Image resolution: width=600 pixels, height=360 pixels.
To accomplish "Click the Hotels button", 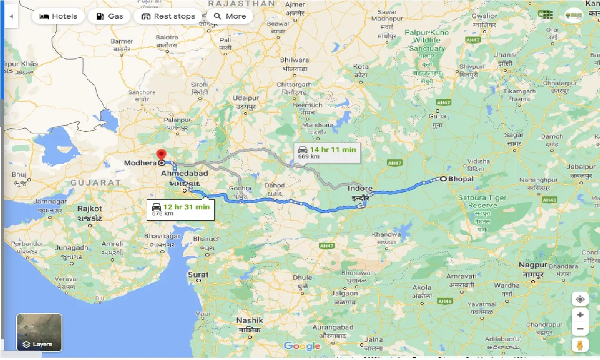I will (x=58, y=16).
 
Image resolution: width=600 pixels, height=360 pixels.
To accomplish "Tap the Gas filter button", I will (x=110, y=16).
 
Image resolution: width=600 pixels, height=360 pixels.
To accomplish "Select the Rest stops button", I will (x=168, y=16).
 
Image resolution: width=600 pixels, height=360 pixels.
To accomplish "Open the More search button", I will (x=230, y=16).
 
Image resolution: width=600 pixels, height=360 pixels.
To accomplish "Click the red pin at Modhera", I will (x=161, y=155).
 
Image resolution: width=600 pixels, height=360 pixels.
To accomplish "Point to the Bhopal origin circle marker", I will (x=443, y=179).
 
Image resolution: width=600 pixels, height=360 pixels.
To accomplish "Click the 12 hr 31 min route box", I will (x=180, y=209).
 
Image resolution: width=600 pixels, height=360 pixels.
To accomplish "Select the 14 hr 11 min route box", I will (x=327, y=152).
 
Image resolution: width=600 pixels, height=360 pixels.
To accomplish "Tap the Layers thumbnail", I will (x=39, y=332).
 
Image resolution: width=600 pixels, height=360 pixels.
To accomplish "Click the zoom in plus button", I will (x=580, y=315).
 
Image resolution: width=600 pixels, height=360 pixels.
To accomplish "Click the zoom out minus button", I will (x=580, y=330).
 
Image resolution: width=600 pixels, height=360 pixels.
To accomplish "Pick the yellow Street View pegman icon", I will (x=580, y=346).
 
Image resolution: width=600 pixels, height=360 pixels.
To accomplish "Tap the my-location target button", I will (x=580, y=299).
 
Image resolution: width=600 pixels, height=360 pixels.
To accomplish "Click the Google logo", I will (x=302, y=346).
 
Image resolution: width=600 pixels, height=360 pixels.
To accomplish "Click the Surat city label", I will (x=198, y=275).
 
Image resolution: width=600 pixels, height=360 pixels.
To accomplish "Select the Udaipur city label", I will (x=247, y=98).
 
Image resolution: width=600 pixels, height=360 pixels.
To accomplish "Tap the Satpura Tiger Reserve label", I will (x=482, y=202).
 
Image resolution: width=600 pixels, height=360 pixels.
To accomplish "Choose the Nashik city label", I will (x=249, y=321).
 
